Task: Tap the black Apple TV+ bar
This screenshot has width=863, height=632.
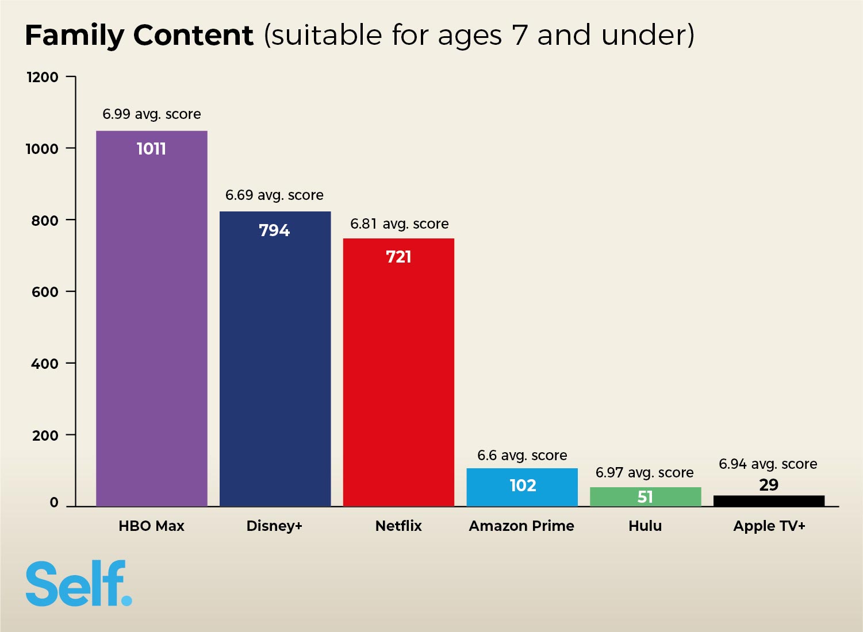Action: [769, 501]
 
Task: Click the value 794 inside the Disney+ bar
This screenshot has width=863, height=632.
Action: [274, 230]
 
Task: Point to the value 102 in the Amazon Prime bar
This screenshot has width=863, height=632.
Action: [523, 485]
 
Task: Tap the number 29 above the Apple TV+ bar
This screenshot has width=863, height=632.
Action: [769, 485]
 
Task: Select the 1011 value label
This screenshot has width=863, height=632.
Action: [151, 149]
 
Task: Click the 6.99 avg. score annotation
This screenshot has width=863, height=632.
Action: [151, 114]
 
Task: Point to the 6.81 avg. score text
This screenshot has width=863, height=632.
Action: [399, 224]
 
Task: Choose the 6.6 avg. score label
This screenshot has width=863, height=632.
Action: [522, 456]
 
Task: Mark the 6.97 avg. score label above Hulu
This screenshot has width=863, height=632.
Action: [645, 473]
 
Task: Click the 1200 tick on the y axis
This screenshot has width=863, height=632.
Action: [43, 77]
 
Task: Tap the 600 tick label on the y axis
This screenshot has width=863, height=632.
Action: [45, 292]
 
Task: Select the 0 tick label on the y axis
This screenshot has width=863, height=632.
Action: [54, 503]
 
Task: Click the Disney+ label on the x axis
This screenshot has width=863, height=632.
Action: [274, 526]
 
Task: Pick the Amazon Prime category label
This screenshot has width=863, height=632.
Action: [521, 526]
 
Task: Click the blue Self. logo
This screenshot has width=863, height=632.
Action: [79, 584]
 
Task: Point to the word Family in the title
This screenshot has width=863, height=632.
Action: [74, 36]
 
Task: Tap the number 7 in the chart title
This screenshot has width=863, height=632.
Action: [519, 36]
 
